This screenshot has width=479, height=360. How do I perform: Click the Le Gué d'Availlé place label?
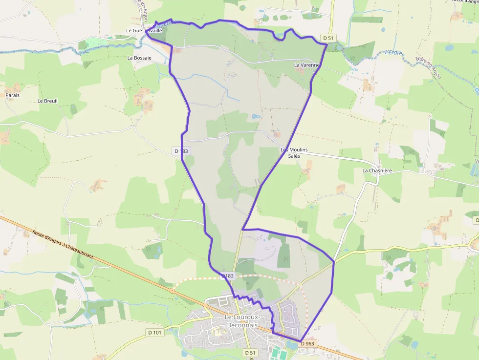tap(144, 30)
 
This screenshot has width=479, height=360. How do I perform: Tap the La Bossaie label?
tap(139, 58)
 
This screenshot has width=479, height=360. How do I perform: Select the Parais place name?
tap(13, 95)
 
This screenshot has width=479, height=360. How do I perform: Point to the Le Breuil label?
tap(47, 101)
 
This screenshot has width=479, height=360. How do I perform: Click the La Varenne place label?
tap(307, 65)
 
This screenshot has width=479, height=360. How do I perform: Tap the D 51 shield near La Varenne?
tap(328, 38)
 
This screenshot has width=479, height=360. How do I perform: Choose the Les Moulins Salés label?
tap(294, 153)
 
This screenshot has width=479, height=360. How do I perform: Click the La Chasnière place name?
tap(377, 171)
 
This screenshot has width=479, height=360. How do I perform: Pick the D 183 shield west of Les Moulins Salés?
tap(181, 151)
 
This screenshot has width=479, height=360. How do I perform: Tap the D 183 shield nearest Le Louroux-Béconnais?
tap(228, 276)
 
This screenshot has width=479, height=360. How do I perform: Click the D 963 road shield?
tap(307, 344)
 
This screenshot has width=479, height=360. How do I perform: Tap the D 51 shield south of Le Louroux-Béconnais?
tap(250, 352)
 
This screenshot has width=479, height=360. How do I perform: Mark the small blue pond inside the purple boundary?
tap(256, 117)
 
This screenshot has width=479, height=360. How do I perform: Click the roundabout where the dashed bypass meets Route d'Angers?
tap(173, 290)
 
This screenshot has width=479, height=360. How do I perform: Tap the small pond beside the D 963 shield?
tap(293, 345)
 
